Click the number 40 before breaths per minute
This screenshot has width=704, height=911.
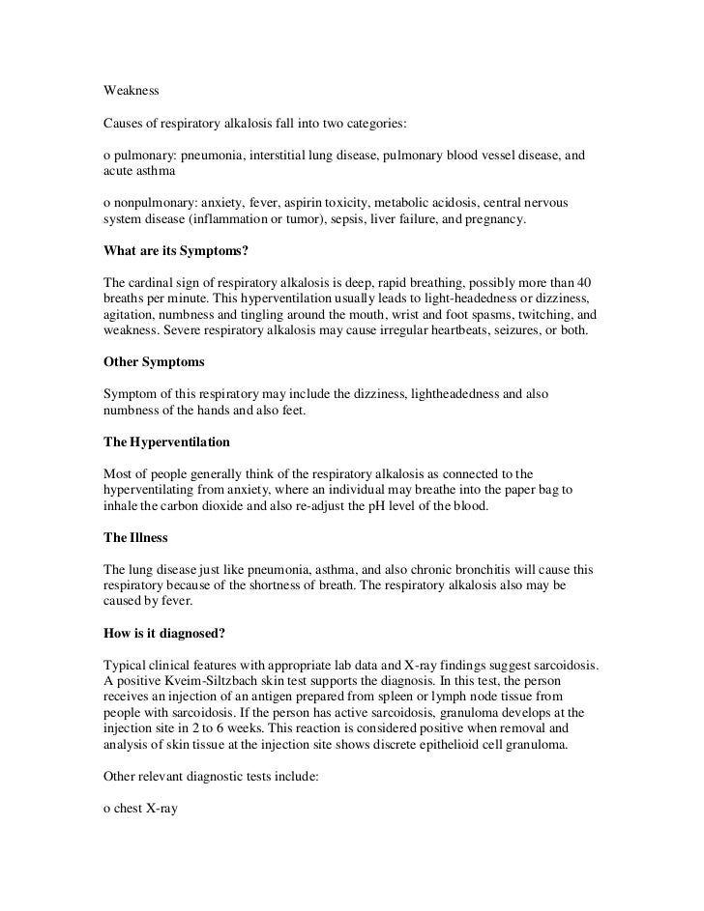[x=583, y=282]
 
